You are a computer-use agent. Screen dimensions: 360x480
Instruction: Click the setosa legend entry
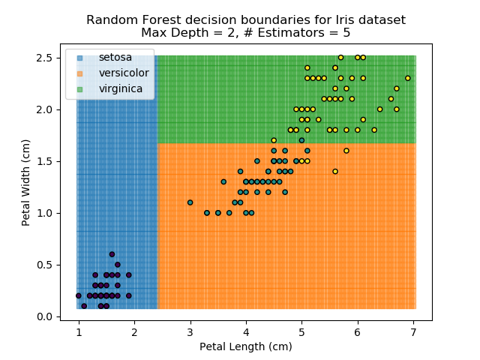pyautogui.click(x=115, y=58)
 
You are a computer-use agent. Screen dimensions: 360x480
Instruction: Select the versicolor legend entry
pyautogui.click(x=123, y=73)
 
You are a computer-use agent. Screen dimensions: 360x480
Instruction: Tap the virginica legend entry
pyautogui.click(x=121, y=88)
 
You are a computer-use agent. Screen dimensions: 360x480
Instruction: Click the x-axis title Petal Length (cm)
pyautogui.click(x=246, y=346)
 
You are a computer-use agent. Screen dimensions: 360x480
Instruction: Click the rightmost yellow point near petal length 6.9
pyautogui.click(x=408, y=78)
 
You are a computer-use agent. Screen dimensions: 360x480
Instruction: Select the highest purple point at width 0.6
pyautogui.click(x=112, y=254)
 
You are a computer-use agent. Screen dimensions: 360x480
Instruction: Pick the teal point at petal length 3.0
pyautogui.click(x=190, y=202)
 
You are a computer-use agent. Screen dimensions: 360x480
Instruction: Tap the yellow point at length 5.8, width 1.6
pyautogui.click(x=346, y=151)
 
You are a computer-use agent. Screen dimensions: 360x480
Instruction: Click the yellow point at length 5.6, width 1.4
pyautogui.click(x=335, y=171)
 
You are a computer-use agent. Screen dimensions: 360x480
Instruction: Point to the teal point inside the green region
pyautogui.click(x=301, y=140)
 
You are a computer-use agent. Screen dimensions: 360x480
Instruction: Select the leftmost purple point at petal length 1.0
pyautogui.click(x=79, y=295)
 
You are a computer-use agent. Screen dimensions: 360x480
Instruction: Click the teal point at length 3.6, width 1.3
pyautogui.click(x=223, y=181)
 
